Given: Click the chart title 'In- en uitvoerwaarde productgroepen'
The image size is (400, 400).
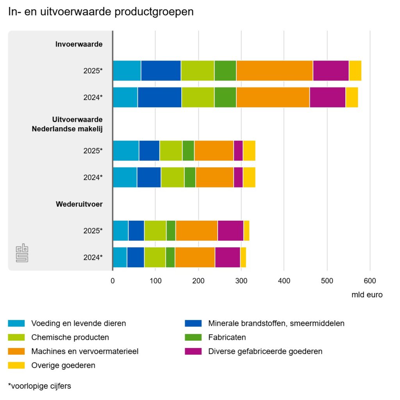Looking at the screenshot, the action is [101, 12].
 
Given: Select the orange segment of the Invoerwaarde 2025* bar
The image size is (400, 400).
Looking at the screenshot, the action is [275, 71].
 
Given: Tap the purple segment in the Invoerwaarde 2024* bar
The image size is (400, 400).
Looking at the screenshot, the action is [328, 97].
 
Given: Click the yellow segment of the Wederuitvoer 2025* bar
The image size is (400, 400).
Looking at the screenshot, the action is [247, 230].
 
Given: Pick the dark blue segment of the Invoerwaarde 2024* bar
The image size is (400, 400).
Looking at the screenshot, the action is [160, 97].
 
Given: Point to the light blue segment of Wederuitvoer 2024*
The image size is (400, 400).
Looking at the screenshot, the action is [120, 257].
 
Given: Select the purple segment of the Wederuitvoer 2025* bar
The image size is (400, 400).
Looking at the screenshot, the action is [230, 230].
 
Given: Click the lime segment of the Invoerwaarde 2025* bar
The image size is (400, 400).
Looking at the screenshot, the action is [198, 71].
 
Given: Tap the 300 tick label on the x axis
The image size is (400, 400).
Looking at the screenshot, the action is [241, 281].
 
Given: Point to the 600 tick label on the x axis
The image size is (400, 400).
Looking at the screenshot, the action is [370, 281].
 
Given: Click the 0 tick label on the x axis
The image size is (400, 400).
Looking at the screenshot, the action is [112, 281].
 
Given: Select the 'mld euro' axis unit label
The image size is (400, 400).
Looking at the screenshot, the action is [367, 295].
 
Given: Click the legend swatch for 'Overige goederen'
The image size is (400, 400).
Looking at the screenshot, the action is [16, 365].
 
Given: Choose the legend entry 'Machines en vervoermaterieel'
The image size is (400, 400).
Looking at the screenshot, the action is [85, 351].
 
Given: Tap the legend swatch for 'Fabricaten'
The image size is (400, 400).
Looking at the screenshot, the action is [193, 337].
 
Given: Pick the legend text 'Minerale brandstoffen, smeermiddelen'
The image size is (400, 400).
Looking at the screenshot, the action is [276, 323].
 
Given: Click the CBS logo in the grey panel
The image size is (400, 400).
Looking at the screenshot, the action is [22, 253].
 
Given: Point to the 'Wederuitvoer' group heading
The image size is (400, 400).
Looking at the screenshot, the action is [79, 204].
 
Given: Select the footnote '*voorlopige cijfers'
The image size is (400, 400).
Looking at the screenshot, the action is [39, 386].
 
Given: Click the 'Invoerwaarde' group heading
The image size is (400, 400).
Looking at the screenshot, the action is [79, 44].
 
